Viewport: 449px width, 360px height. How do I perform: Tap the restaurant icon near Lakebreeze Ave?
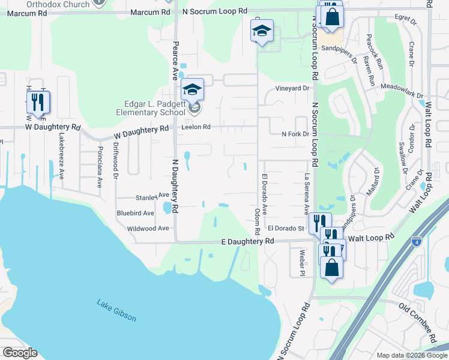click(x=38, y=103)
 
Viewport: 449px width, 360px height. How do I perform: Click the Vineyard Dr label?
click(x=292, y=88)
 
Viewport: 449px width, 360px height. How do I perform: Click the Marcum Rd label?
click(x=149, y=12)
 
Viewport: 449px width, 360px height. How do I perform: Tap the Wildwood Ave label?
click(x=148, y=229)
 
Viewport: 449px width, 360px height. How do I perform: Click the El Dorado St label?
click(x=286, y=228)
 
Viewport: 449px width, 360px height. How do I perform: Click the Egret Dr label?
click(x=406, y=21)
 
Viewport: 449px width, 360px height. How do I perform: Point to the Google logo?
click(x=20, y=353)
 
